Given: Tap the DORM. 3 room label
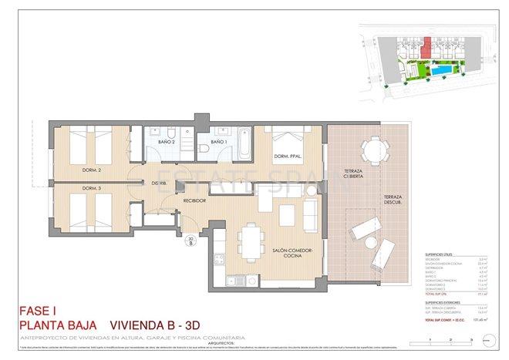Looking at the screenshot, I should [x=91, y=188].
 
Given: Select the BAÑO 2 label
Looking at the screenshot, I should [x=167, y=142].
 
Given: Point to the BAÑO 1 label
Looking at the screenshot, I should [x=219, y=142].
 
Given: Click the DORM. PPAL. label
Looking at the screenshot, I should [x=287, y=159].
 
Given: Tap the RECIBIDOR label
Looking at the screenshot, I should [x=197, y=200].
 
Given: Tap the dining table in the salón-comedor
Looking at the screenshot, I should [x=250, y=238].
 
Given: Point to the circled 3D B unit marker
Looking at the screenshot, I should [x=190, y=241].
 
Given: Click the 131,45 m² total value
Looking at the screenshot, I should [x=484, y=318].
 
